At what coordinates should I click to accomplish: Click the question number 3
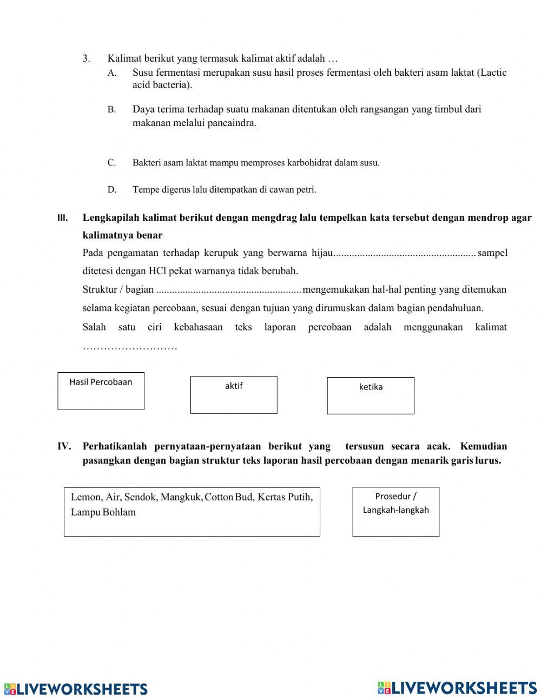point(85,58)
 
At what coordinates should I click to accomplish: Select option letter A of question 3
point(111,73)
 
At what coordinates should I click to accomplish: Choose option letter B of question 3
point(111,110)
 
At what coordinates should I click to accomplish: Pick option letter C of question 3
point(111,163)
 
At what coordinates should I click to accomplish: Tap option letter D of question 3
point(111,190)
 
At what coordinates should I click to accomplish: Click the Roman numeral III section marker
point(62,218)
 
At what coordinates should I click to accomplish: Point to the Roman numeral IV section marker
point(64,446)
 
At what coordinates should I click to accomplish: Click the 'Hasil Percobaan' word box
point(101,391)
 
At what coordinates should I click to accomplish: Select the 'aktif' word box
point(234,395)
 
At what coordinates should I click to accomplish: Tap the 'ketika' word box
point(371,395)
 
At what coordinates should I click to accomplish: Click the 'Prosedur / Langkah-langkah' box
point(395,511)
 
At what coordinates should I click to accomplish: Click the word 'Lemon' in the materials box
point(85,497)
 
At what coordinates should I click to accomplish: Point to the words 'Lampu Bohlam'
point(103,512)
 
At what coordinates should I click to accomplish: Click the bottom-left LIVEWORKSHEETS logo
point(76,689)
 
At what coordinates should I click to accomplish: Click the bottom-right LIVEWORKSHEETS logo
point(457,687)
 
